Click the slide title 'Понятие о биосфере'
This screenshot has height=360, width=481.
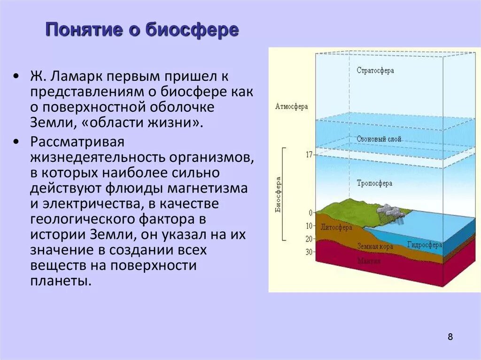tap(142, 31)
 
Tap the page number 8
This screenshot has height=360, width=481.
tap(450, 337)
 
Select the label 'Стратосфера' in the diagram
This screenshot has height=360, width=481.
tap(375, 71)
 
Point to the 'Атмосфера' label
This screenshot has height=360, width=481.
tap(291, 107)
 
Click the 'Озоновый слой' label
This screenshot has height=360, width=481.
tap(379, 140)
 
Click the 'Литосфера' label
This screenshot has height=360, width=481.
tap(336, 227)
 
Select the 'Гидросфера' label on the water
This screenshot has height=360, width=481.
tap(424, 245)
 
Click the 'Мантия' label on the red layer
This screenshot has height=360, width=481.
tap(369, 260)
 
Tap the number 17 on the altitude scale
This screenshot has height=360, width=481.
tap(309, 154)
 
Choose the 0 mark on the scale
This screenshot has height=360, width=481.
tap(310, 213)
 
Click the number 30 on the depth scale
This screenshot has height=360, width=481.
tap(309, 252)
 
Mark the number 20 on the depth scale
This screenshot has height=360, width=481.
tap(309, 239)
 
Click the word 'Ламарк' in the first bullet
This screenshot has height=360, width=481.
tap(73, 76)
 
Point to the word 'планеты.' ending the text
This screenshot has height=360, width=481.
tap(60, 281)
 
